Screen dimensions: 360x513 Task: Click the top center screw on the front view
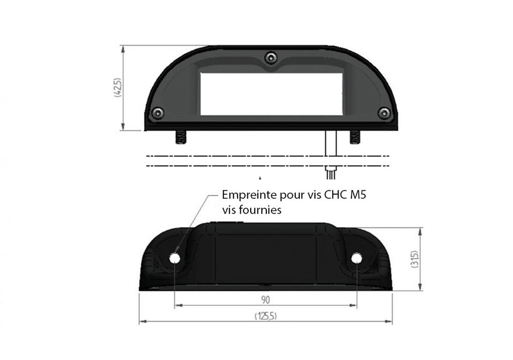click(x=270, y=57)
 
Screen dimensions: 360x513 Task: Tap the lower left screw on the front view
click(x=157, y=112)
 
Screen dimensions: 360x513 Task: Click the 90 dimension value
click(x=265, y=299)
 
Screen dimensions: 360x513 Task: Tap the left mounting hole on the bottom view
click(x=175, y=258)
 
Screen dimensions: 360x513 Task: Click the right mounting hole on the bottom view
click(x=357, y=258)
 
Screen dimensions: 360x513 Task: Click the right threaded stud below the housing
click(x=354, y=137)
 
